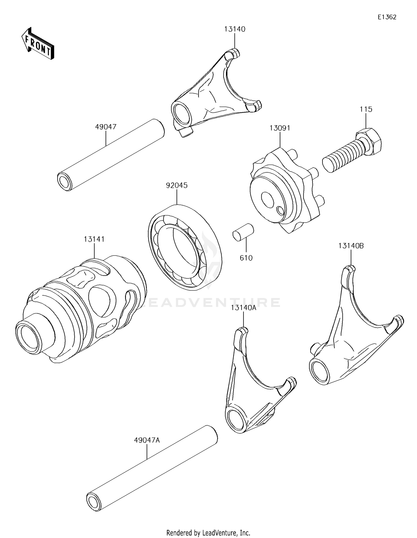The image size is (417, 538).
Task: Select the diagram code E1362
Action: pyautogui.click(x=387, y=17)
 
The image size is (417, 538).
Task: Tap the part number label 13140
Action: pyautogui.click(x=235, y=29)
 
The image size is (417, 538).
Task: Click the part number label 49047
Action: pyautogui.click(x=106, y=127)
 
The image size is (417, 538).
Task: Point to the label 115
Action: pyautogui.click(x=366, y=109)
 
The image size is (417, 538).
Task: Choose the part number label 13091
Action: pyautogui.click(x=280, y=128)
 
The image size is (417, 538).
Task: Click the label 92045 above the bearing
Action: pyautogui.click(x=177, y=185)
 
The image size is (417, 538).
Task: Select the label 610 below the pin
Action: pyautogui.click(x=246, y=258)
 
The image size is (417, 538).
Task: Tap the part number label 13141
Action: pyautogui.click(x=94, y=239)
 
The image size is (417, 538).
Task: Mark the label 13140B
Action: pyautogui.click(x=351, y=246)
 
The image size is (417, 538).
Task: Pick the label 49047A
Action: pyautogui.click(x=147, y=440)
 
